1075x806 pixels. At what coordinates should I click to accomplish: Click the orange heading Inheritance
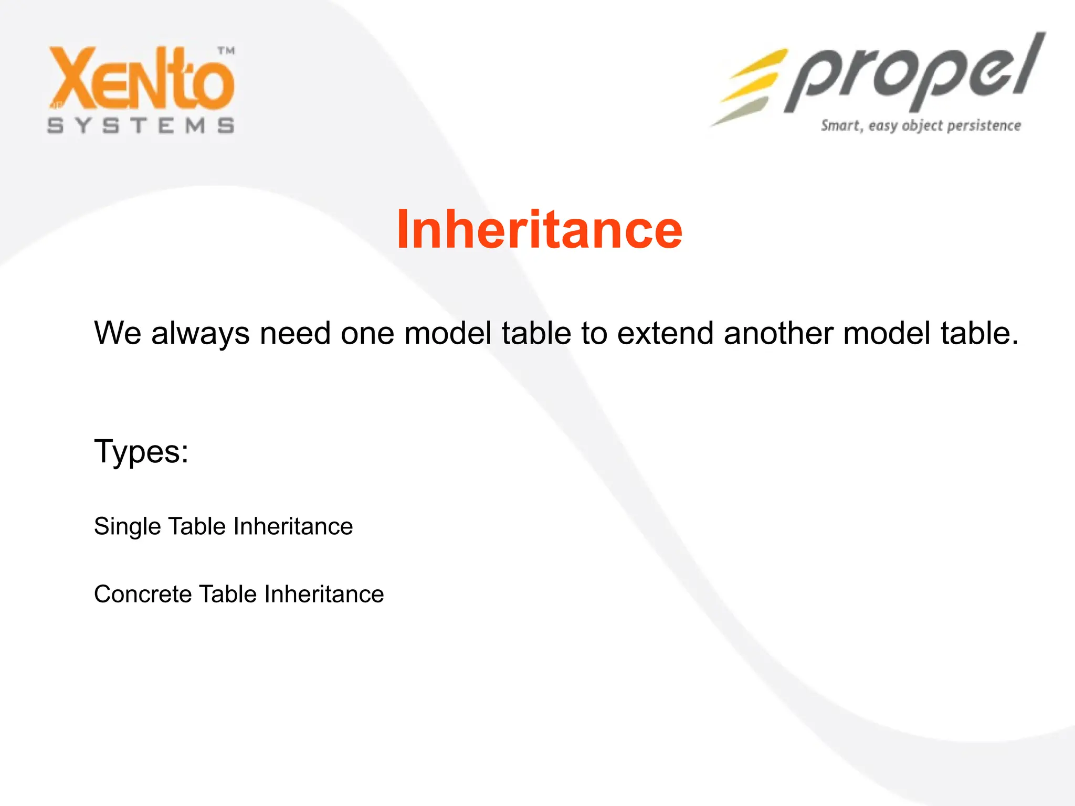(x=539, y=229)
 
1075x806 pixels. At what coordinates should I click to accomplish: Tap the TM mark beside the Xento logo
(x=226, y=51)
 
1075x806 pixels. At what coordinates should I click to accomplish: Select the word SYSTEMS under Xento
(x=141, y=125)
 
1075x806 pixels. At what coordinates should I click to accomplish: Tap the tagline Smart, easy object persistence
(x=921, y=126)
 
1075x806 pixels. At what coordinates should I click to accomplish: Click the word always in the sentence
(x=200, y=333)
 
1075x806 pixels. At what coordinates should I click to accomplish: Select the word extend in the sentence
(x=665, y=333)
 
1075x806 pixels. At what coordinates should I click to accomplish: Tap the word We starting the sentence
(x=118, y=333)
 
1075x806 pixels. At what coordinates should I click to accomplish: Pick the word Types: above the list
(x=141, y=451)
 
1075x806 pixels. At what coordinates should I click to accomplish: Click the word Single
(x=128, y=526)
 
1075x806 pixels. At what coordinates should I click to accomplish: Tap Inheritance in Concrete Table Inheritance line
(x=324, y=595)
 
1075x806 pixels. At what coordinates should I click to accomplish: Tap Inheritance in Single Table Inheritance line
(x=293, y=526)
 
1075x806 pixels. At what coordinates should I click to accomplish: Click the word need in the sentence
(x=295, y=333)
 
